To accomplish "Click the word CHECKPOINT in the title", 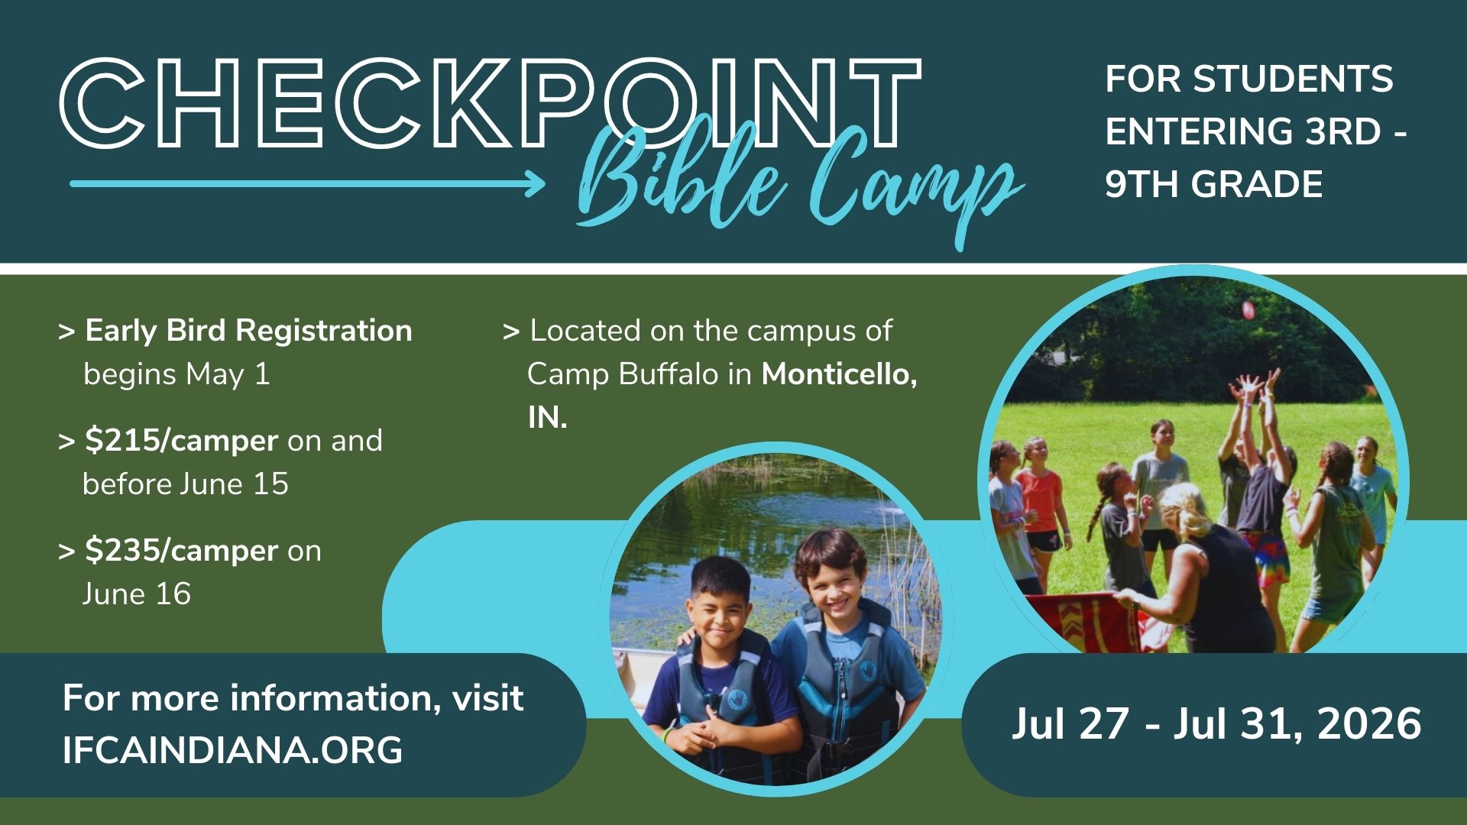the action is point(490,103).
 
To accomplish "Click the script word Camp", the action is point(913,183).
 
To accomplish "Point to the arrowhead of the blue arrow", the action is point(535,183).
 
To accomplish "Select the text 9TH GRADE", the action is point(1213,185).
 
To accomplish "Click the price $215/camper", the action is point(181,441).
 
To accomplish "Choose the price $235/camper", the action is point(181,551).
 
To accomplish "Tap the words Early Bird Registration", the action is point(248,331).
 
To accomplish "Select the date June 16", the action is point(137,594).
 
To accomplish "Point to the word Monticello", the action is point(839,374).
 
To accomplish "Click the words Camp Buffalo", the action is point(623,374).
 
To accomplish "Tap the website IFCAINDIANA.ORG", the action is point(232,750).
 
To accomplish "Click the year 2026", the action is point(1369,723).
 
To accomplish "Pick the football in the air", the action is point(1248,309).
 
